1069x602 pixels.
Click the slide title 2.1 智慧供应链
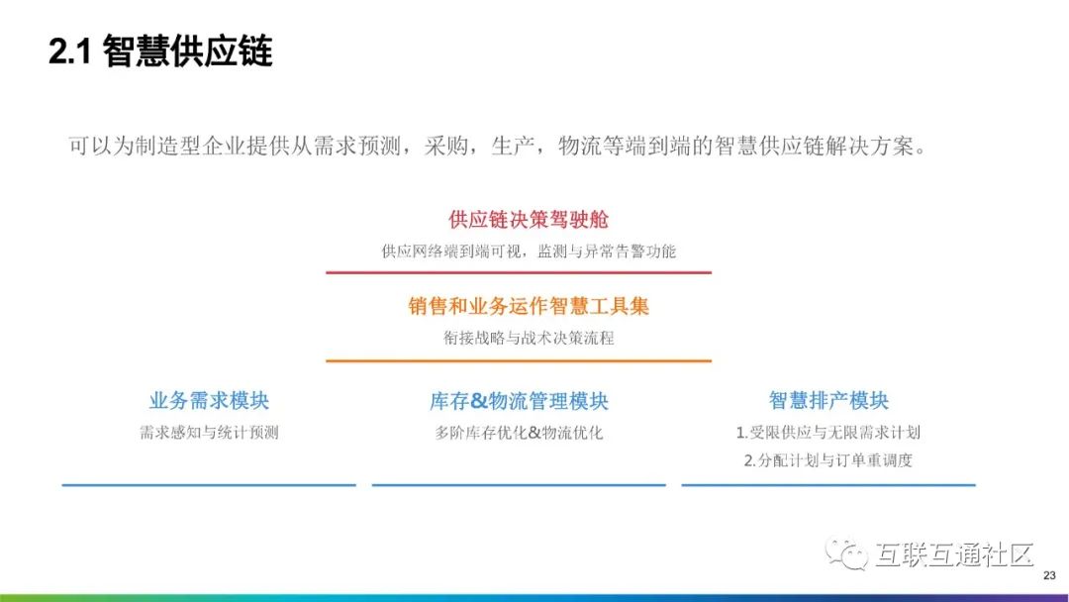pyautogui.click(x=160, y=51)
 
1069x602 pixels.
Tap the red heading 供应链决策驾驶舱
pyautogui.click(x=529, y=220)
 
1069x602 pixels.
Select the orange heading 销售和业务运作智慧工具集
pyautogui.click(x=529, y=306)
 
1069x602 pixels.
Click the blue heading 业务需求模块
pyautogui.click(x=209, y=400)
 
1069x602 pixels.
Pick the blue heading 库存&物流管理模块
pyautogui.click(x=519, y=401)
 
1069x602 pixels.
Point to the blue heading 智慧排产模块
pyautogui.click(x=829, y=400)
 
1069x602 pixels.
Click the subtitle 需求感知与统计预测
pyautogui.click(x=209, y=433)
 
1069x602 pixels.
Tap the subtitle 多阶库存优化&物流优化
pyautogui.click(x=519, y=433)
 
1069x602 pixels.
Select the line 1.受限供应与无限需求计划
pyautogui.click(x=828, y=433)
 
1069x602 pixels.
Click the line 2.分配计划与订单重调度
pyautogui.click(x=828, y=460)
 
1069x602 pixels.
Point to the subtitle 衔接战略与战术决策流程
pyautogui.click(x=529, y=338)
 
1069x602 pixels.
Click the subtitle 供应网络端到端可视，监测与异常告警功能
pyautogui.click(x=529, y=251)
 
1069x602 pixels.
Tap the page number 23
pyautogui.click(x=1049, y=576)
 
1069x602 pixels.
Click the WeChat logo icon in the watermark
pyautogui.click(x=846, y=553)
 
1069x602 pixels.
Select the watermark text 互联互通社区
pyautogui.click(x=954, y=554)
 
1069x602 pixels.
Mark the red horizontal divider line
pyautogui.click(x=519, y=272)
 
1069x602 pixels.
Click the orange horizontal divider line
pyautogui.click(x=519, y=360)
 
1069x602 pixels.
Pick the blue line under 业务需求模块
pyautogui.click(x=209, y=485)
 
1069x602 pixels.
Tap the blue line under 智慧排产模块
pyautogui.click(x=828, y=485)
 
